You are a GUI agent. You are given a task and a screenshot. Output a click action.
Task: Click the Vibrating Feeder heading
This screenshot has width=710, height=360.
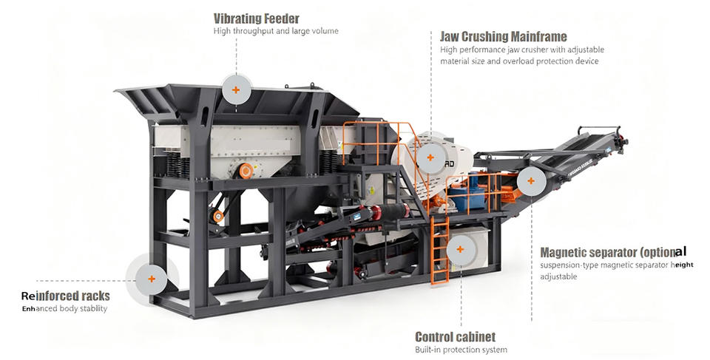[256, 18]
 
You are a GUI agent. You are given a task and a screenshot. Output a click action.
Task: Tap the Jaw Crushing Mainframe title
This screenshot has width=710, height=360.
[503, 36]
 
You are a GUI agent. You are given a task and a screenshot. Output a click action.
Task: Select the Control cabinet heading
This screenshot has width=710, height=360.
[455, 336]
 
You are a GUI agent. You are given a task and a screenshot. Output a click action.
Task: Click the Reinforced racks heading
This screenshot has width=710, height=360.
[66, 296]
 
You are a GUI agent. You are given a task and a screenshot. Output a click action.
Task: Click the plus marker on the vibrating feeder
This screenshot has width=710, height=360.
[236, 89]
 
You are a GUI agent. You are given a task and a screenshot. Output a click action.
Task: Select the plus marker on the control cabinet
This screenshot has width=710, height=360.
[459, 249]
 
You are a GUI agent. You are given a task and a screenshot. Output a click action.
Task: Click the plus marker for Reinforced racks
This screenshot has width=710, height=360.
[152, 279]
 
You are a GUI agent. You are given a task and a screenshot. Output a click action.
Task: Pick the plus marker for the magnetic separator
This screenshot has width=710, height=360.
[530, 181]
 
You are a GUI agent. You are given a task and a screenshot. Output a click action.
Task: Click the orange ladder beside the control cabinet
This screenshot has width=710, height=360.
[440, 251]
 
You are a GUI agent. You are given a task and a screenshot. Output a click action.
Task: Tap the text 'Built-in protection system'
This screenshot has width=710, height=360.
[461, 350]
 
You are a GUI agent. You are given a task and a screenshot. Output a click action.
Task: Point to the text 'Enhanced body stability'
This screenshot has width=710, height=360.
[64, 308]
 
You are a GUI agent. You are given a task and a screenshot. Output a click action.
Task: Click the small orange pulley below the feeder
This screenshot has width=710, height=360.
[217, 216]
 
